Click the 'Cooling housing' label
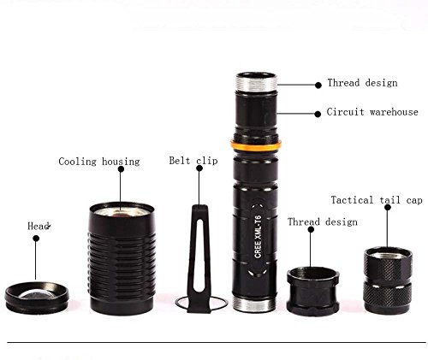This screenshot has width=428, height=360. coord(99,162)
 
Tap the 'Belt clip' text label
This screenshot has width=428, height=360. coord(193,161)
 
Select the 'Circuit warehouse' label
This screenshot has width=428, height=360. coord(372,112)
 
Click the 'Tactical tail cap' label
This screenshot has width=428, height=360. coord(377,200)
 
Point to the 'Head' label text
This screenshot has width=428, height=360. coord(39,226)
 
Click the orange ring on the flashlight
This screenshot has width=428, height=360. coord(256,145)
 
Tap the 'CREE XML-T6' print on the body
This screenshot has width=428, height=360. coord(258,237)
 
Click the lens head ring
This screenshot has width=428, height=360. coord(37,298)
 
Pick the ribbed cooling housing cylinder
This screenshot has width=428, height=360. coord(122,258)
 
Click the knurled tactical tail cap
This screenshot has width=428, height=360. coord(388,280)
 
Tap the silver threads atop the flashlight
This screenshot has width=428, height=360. coord(256,82)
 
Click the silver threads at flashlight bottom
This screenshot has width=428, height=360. coord(254,304)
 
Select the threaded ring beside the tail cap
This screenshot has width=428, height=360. coord(313,291)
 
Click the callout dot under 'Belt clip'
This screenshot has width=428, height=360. coord(199,168)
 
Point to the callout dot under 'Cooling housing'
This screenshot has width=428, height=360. coord(121,169)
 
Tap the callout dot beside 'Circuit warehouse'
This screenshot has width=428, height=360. coord(318,114)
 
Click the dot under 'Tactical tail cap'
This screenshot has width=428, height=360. coord(388,207)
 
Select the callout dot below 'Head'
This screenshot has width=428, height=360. coord(36,239)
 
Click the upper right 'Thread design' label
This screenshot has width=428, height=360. coord(362,83)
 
